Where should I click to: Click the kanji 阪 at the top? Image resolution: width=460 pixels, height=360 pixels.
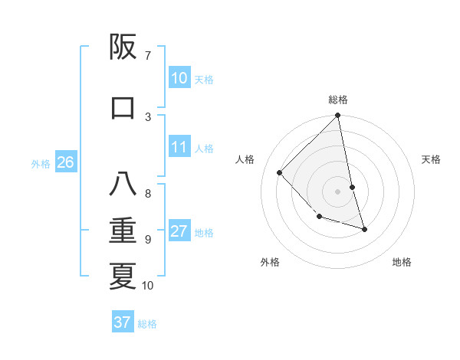click(x=123, y=48)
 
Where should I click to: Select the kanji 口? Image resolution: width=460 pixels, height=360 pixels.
click(x=123, y=107)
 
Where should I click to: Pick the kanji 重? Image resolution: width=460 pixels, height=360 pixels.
click(x=123, y=231)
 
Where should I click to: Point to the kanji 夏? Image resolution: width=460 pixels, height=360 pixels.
click(x=123, y=276)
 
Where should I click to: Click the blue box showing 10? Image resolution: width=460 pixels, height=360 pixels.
click(x=179, y=78)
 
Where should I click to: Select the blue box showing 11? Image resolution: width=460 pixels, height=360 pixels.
click(x=179, y=148)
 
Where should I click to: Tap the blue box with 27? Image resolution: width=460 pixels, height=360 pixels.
click(x=179, y=232)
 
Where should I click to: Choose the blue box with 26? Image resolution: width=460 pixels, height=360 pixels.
click(x=65, y=162)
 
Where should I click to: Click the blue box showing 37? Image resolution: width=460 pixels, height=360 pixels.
click(x=123, y=322)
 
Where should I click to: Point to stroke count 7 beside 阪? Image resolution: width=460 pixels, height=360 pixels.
click(x=148, y=55)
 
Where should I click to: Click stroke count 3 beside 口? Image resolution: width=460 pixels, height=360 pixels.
click(x=148, y=116)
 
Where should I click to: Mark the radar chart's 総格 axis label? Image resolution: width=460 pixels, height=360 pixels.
click(x=338, y=100)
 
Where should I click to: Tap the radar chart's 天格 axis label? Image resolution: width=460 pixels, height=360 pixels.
click(x=431, y=159)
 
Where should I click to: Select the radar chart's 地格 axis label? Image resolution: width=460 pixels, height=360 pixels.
click(x=402, y=262)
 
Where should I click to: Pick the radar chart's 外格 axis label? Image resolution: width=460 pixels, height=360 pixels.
click(x=270, y=262)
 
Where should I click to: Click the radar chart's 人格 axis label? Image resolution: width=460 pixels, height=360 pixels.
click(x=245, y=159)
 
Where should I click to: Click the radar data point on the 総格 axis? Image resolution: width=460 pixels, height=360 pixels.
click(x=338, y=116)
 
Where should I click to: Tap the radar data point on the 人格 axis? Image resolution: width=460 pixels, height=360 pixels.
click(x=280, y=172)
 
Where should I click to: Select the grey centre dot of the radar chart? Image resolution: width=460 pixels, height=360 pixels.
click(x=337, y=191)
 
